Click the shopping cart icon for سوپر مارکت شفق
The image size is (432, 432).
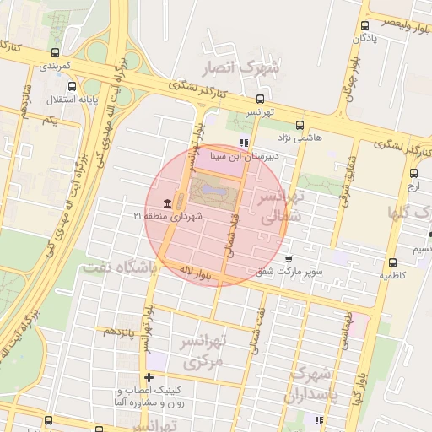click(x=289, y=259)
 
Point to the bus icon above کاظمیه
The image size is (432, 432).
click(x=391, y=262)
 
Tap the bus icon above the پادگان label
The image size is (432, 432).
click(x=364, y=25)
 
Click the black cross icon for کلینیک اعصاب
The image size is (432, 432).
click(x=149, y=377)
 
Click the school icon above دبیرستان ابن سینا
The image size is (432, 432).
click(x=243, y=142)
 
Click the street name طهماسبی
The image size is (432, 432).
click(x=343, y=331)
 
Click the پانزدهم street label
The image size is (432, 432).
click(x=118, y=331)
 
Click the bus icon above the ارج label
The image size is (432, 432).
click(x=412, y=170)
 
